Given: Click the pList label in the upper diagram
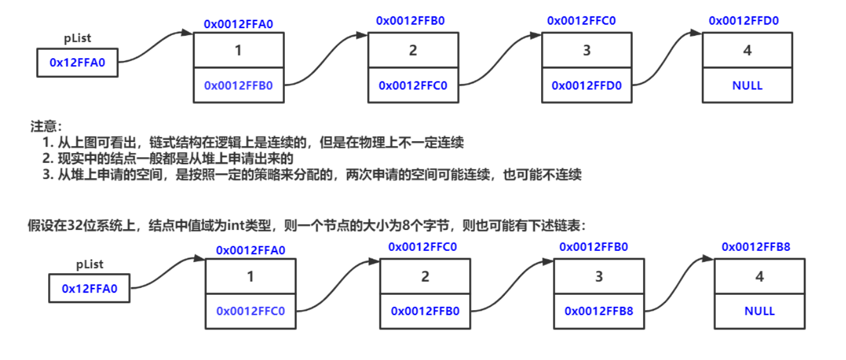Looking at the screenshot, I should pyautogui.click(x=77, y=39).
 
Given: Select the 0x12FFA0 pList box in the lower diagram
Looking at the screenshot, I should pyautogui.click(x=89, y=288).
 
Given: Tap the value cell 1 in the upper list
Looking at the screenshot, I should pyautogui.click(x=238, y=51).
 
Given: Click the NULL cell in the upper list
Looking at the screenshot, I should pyautogui.click(x=747, y=86).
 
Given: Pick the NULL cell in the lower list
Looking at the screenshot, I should pyautogui.click(x=759, y=311).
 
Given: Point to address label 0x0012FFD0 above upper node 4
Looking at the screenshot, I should pyautogui.click(x=743, y=21).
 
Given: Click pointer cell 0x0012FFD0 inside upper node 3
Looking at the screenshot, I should pyautogui.click(x=586, y=86).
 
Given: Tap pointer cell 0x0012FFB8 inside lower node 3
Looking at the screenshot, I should pyautogui.click(x=599, y=311).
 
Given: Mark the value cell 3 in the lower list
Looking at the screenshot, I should pyautogui.click(x=599, y=277).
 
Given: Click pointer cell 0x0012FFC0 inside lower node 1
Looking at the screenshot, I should pyautogui.click(x=250, y=311).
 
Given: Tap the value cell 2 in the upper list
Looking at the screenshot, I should pyautogui.click(x=413, y=51).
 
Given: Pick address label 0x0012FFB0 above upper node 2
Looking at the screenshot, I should pyautogui.click(x=410, y=21).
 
